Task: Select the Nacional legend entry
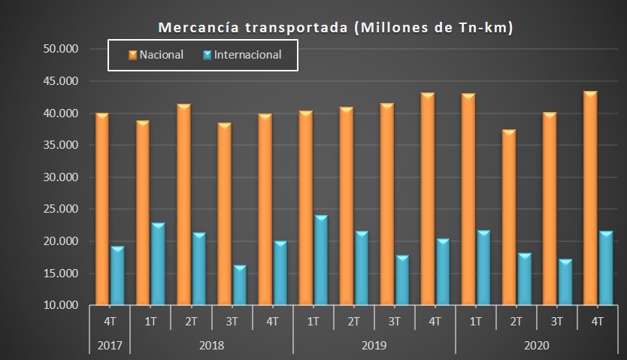[156, 55]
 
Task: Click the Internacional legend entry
[241, 55]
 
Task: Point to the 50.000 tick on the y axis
[62, 49]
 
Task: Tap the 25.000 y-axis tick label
[62, 210]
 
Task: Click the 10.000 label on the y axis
[62, 306]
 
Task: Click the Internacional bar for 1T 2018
[158, 264]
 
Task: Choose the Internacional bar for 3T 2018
[239, 285]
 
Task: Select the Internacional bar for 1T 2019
[320, 260]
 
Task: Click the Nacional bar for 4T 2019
[427, 199]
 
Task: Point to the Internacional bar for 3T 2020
[565, 282]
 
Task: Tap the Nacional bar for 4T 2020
[590, 198]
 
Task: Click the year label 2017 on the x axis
[110, 346]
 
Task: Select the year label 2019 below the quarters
[374, 346]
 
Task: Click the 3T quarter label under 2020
[557, 322]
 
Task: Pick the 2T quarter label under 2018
[191, 322]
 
